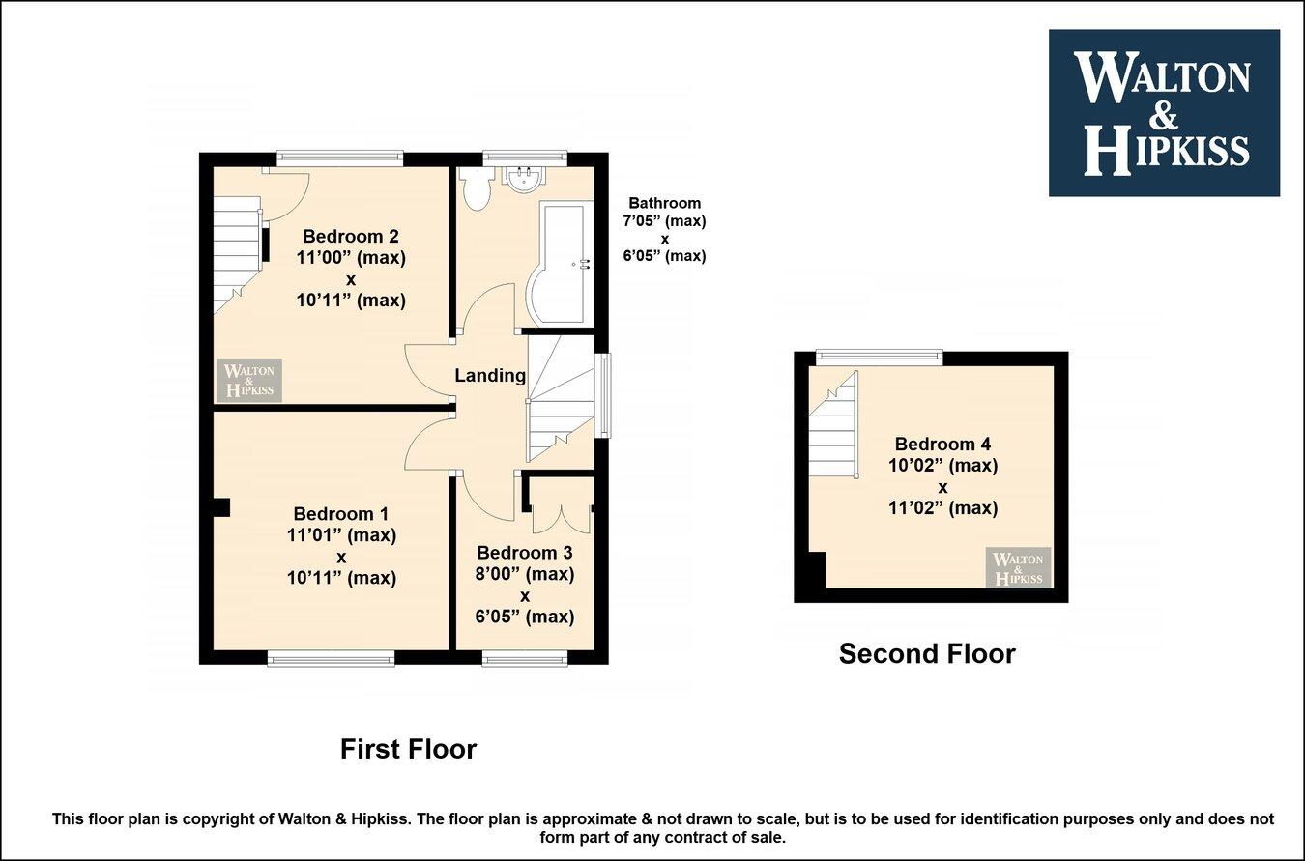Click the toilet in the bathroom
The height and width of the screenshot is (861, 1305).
point(475,189)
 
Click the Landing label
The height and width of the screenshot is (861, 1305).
point(490,376)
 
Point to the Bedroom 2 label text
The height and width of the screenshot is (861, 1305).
point(351,237)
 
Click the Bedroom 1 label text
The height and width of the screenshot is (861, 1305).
point(341,514)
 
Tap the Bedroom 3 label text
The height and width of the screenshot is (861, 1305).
point(525,553)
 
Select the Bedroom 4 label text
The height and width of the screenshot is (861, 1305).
point(942,445)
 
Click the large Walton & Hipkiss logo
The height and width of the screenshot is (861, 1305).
point(1164,113)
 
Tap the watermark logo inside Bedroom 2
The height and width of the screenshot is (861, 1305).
point(249,381)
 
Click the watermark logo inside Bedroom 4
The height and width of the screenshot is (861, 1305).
point(1018,568)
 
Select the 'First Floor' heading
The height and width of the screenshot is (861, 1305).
point(408,749)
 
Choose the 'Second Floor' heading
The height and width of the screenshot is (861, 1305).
point(927,654)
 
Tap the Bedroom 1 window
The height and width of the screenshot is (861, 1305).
point(331,659)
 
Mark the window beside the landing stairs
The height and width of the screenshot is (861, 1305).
point(605,395)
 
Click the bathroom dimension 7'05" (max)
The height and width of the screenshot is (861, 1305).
point(664,220)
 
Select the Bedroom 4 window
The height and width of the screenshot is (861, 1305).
point(879,357)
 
